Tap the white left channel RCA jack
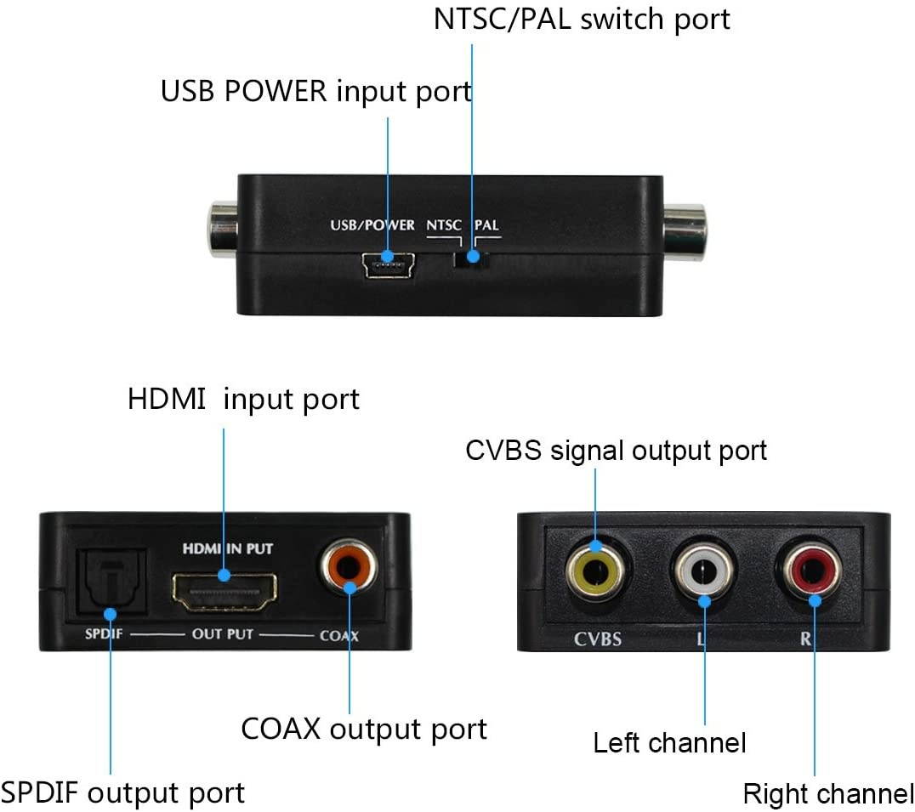tap(703, 573)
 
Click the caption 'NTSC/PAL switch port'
tap(582, 20)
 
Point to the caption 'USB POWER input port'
tap(316, 91)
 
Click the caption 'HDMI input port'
tap(244, 399)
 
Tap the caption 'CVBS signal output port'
tap(616, 451)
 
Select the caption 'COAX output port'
tap(364, 729)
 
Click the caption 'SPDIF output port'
tap(123, 792)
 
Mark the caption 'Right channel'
tap(827, 794)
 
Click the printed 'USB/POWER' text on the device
tap(372, 225)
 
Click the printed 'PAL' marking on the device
tap(486, 225)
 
